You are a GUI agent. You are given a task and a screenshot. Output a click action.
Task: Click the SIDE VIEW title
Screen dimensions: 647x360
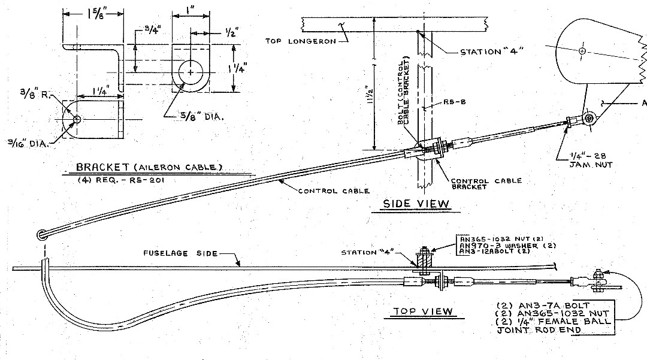coord(416,204)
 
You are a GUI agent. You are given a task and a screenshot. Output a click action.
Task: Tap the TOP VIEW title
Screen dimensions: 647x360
coord(423,311)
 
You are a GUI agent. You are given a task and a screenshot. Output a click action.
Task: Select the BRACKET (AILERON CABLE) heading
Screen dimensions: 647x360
coord(149,167)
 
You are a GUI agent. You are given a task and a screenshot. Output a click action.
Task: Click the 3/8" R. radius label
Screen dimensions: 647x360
coord(35,95)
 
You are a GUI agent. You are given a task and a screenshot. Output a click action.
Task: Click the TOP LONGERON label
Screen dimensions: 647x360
coord(300,41)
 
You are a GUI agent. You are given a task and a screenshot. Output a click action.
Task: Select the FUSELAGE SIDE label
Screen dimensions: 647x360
coord(180,253)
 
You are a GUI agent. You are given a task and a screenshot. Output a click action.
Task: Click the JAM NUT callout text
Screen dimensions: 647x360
coord(591,165)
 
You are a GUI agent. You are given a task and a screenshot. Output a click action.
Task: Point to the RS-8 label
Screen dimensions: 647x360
coord(455,101)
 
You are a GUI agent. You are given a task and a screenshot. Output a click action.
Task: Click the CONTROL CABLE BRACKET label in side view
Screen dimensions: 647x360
coord(486,183)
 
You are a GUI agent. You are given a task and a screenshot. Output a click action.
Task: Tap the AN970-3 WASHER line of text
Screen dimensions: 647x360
coord(507,246)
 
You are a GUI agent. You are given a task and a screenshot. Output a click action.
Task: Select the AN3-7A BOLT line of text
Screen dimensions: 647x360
coord(543,306)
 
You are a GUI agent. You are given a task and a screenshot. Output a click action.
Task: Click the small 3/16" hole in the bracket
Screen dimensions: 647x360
coord(77,120)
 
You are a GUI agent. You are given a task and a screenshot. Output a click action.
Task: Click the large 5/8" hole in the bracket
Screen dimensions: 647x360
coord(191,72)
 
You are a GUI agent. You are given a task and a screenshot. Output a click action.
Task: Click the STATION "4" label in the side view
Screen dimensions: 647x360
coord(491,52)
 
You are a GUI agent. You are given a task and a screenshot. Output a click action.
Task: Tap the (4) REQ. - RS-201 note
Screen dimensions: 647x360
coord(121,180)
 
